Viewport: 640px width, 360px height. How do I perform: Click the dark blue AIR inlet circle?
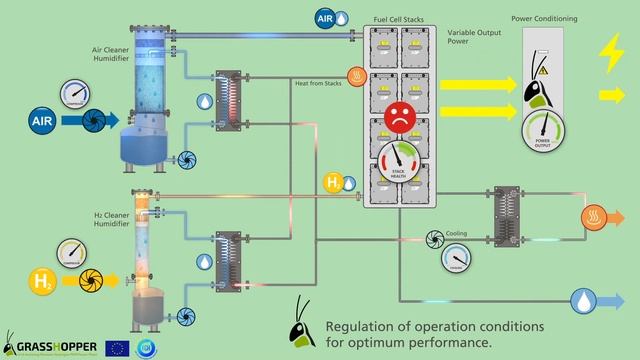click(41, 120)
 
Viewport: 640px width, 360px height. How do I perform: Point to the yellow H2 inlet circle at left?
click(42, 282)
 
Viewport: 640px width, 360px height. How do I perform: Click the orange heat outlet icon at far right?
click(597, 216)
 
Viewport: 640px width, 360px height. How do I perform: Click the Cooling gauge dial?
click(457, 259)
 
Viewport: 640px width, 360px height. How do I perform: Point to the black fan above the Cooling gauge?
click(436, 238)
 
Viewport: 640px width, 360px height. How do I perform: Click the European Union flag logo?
click(117, 348)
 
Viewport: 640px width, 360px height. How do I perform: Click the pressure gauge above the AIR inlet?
click(74, 92)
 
